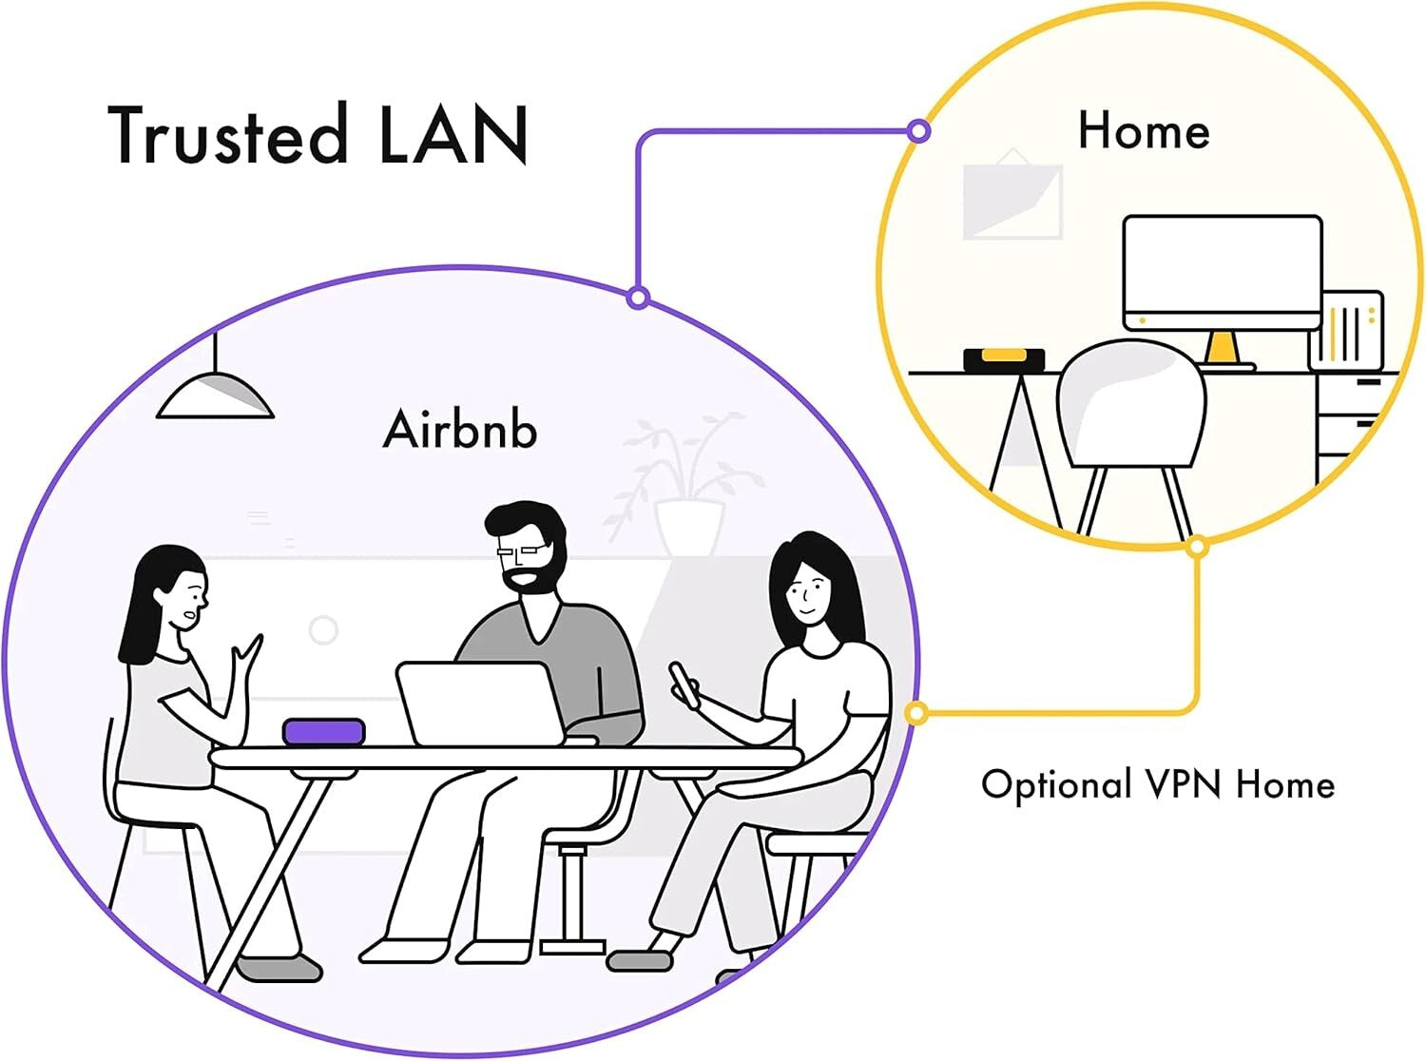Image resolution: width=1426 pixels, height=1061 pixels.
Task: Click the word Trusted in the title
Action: tap(228, 135)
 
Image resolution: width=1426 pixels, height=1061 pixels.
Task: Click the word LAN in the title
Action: tap(453, 135)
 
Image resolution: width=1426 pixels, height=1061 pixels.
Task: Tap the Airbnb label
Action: tap(460, 429)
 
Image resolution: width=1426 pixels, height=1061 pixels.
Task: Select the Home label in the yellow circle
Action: tap(1144, 130)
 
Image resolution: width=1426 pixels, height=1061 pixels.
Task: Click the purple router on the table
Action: tap(323, 732)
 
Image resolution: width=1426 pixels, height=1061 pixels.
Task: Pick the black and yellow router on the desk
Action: tap(1004, 358)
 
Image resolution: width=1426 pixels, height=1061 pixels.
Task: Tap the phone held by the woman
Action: tap(683, 683)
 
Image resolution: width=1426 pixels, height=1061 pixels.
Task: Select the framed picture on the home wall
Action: tap(1012, 200)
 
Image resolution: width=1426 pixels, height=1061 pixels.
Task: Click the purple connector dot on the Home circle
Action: tap(918, 131)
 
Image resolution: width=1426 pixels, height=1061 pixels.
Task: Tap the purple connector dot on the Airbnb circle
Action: tap(639, 299)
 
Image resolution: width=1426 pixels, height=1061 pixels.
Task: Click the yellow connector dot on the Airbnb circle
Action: tap(916, 713)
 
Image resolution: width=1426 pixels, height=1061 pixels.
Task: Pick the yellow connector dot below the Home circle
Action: tap(1198, 547)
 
